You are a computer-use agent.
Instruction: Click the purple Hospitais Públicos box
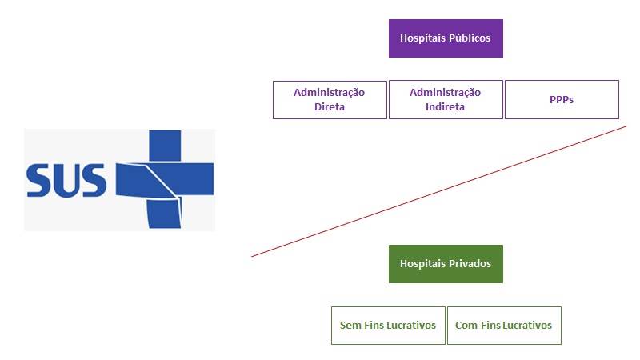pyautogui.click(x=446, y=38)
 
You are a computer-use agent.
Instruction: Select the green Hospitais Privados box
pyautogui.click(x=446, y=264)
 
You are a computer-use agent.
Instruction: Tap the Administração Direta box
pyautogui.click(x=330, y=100)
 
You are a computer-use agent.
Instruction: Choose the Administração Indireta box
pyautogui.click(x=446, y=100)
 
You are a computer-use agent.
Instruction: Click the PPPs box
pyautogui.click(x=562, y=100)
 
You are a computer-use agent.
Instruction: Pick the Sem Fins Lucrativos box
pyautogui.click(x=388, y=326)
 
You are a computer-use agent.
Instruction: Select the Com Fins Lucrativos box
pyautogui.click(x=504, y=326)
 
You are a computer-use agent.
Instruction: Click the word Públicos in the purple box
pyautogui.click(x=470, y=38)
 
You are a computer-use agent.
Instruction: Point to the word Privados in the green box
pyautogui.click(x=470, y=264)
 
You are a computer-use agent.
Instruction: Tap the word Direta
pyautogui.click(x=330, y=107)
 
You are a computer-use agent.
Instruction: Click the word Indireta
pyautogui.click(x=445, y=107)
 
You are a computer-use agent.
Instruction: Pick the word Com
pyautogui.click(x=466, y=326)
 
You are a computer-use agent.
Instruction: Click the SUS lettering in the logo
pyautogui.click(x=66, y=181)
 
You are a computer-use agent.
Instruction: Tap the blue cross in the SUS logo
pyautogui.click(x=165, y=179)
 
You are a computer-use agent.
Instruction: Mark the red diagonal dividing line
pyautogui.click(x=439, y=191)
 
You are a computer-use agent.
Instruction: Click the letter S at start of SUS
pyautogui.click(x=38, y=181)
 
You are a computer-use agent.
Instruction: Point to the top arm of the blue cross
pyautogui.click(x=165, y=146)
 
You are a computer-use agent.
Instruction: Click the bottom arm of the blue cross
pyautogui.click(x=164, y=213)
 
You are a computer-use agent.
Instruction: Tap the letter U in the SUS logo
pyautogui.click(x=66, y=181)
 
